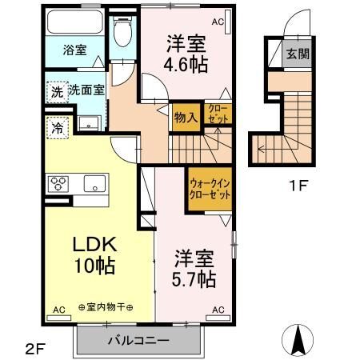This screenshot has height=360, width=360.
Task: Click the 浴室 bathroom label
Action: [76, 50]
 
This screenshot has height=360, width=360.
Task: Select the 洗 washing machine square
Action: [56, 92]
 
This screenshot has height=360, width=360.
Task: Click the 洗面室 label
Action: [86, 92]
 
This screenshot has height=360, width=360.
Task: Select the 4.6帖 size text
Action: [186, 64]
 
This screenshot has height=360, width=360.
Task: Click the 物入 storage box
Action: [186, 118]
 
